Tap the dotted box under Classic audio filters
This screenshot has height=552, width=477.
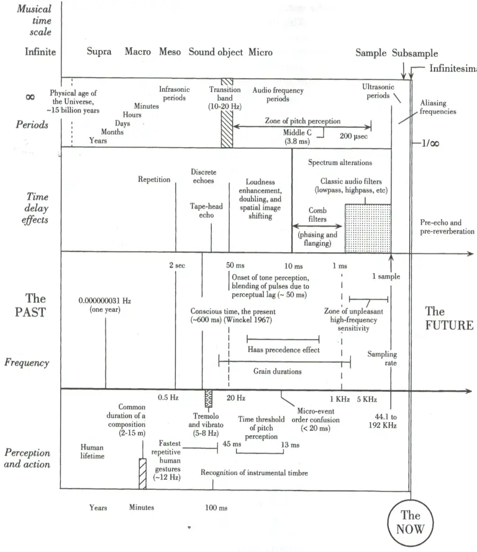click(x=368, y=228)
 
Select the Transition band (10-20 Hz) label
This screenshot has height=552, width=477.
click(x=225, y=98)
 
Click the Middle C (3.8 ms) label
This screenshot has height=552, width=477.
click(x=298, y=137)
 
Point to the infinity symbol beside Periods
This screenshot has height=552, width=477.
click(x=30, y=97)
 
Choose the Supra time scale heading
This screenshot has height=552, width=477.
click(x=99, y=52)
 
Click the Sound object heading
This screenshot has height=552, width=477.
click(x=216, y=52)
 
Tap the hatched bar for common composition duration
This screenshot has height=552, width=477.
click(x=143, y=474)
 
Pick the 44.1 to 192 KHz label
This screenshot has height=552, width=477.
click(x=383, y=421)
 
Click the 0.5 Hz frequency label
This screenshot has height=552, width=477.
click(x=168, y=397)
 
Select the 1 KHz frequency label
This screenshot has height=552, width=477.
click(x=340, y=399)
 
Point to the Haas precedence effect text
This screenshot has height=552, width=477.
click(x=284, y=350)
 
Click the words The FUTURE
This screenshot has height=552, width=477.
click(x=449, y=319)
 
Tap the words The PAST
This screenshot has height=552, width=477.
click(x=30, y=305)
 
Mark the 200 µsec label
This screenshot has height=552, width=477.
click(x=353, y=136)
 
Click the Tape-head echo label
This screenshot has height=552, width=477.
click(x=206, y=210)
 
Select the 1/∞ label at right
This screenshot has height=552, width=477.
click(x=430, y=143)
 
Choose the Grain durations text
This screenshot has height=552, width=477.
click(x=278, y=371)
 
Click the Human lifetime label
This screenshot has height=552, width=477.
click(x=92, y=451)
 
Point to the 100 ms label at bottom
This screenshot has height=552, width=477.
click(x=216, y=508)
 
